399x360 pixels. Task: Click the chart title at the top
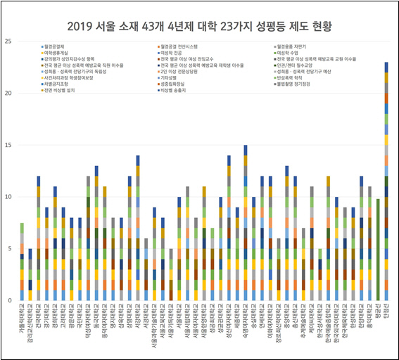coord(199,27)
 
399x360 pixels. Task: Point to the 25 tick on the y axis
coord(8,41)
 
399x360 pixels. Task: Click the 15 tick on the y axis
coord(8,145)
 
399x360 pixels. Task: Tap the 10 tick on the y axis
coord(8,197)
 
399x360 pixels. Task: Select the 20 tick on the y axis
coord(8,94)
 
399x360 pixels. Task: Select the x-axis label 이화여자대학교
coord(270,322)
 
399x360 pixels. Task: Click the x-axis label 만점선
coord(386,314)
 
